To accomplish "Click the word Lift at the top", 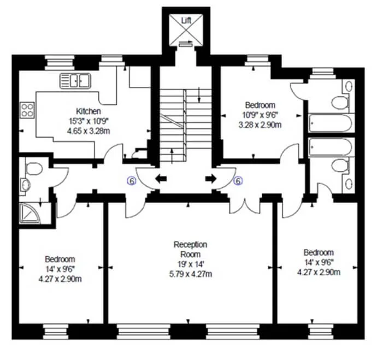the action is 186,21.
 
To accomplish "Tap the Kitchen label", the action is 88,111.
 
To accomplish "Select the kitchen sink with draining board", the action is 75,81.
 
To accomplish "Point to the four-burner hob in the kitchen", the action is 27,110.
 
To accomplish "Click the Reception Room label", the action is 191,249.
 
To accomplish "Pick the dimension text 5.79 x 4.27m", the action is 191,274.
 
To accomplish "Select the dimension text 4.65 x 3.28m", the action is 89,131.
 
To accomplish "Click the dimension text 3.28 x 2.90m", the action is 260,125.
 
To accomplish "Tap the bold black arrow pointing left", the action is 161,179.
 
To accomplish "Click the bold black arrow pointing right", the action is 211,179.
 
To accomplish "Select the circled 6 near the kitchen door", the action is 131,181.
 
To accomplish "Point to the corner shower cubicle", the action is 30,214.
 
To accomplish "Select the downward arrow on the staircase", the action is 199,95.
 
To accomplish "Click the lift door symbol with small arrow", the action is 186,43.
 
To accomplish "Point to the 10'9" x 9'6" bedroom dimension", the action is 260,115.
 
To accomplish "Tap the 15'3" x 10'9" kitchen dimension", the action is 89,121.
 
